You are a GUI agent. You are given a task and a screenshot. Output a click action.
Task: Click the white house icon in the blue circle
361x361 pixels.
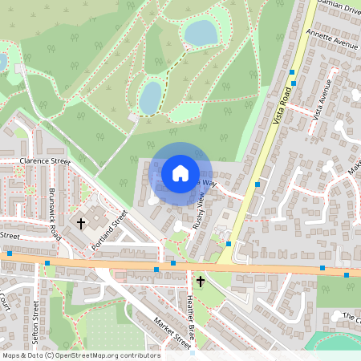click(x=180, y=172)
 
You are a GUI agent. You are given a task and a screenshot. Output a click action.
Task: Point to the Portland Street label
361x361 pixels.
click(x=111, y=229)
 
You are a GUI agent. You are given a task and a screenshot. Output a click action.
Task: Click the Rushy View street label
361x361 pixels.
click(x=202, y=213)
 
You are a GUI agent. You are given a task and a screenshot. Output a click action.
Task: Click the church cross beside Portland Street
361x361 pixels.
click(x=81, y=222)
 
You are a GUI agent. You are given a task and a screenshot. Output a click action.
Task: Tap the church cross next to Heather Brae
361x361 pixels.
click(x=201, y=282)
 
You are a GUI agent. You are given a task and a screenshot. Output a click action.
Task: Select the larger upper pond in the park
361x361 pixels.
click(x=201, y=33)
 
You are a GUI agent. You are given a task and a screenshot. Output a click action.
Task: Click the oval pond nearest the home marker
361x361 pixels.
click(x=150, y=98)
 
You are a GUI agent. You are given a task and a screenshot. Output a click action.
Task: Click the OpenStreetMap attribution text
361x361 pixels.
click(x=81, y=355)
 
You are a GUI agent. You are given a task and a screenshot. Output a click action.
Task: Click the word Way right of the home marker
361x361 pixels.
click(x=209, y=183)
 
